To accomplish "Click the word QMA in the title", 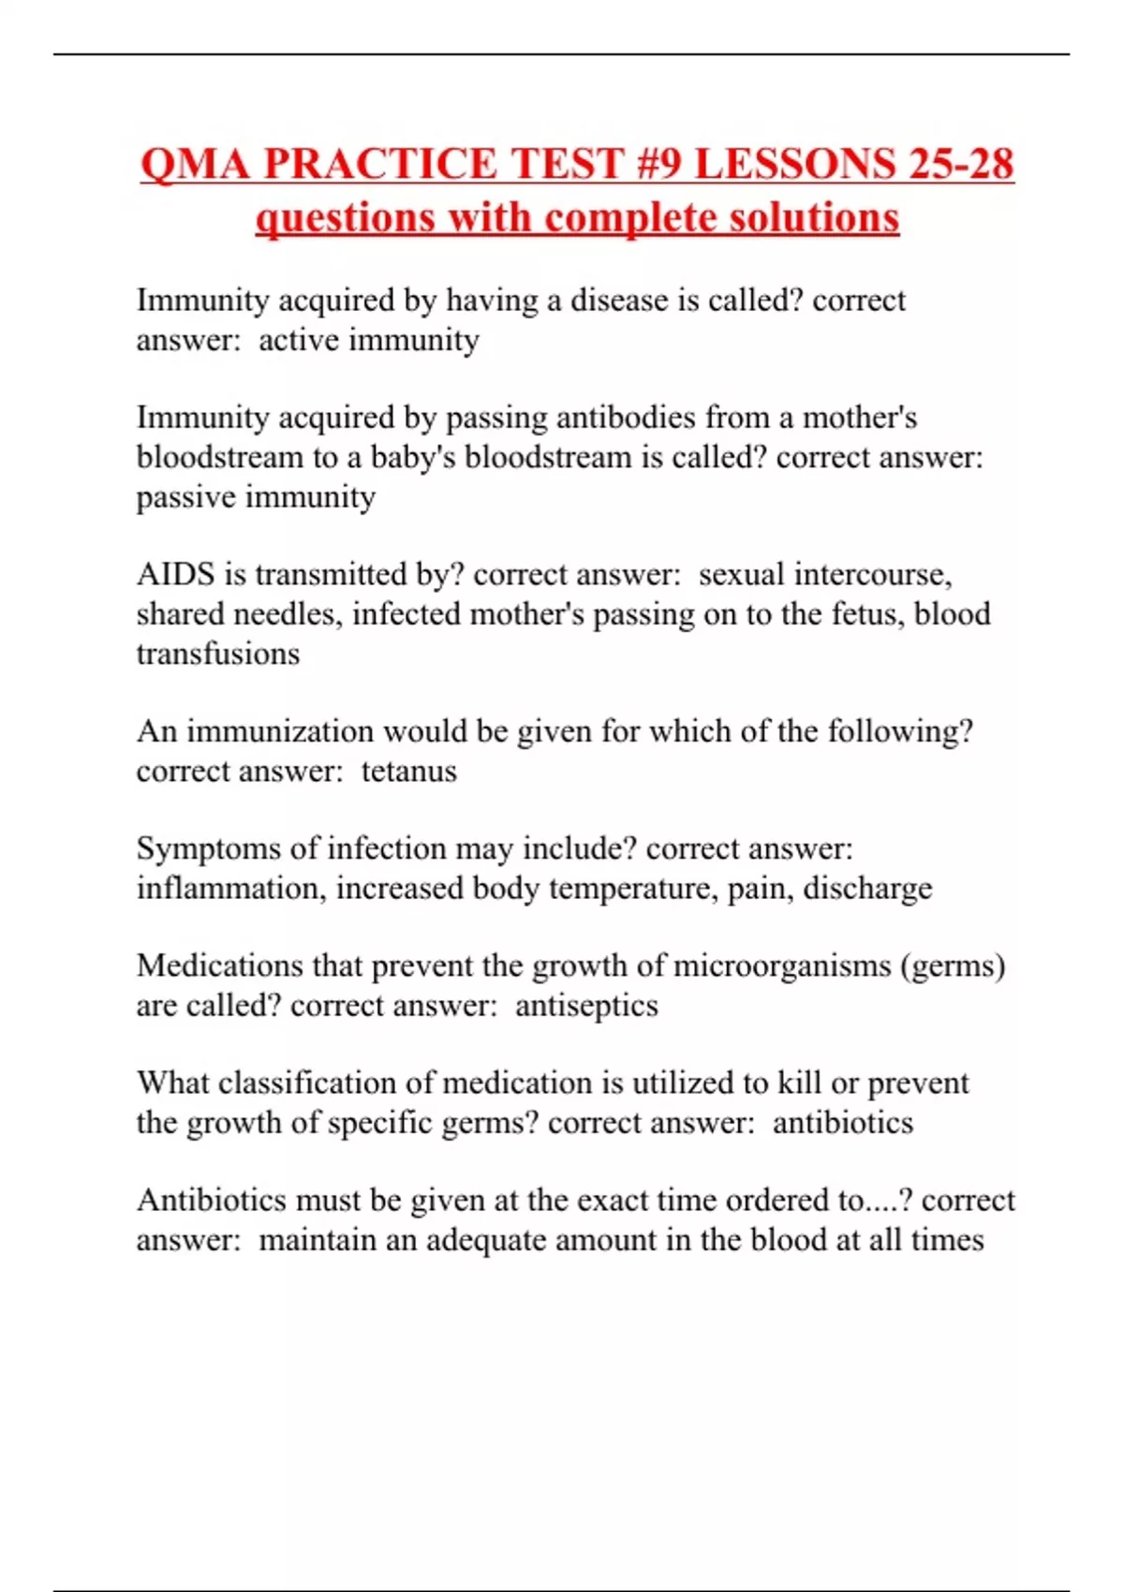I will pyautogui.click(x=195, y=164).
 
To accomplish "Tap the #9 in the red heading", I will pyautogui.click(x=658, y=164).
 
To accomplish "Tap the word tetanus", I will pyautogui.click(x=408, y=771).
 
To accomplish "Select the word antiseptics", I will pyautogui.click(x=586, y=1006).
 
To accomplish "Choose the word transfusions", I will pyautogui.click(x=218, y=654).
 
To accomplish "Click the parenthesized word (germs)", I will pyautogui.click(x=953, y=966).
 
